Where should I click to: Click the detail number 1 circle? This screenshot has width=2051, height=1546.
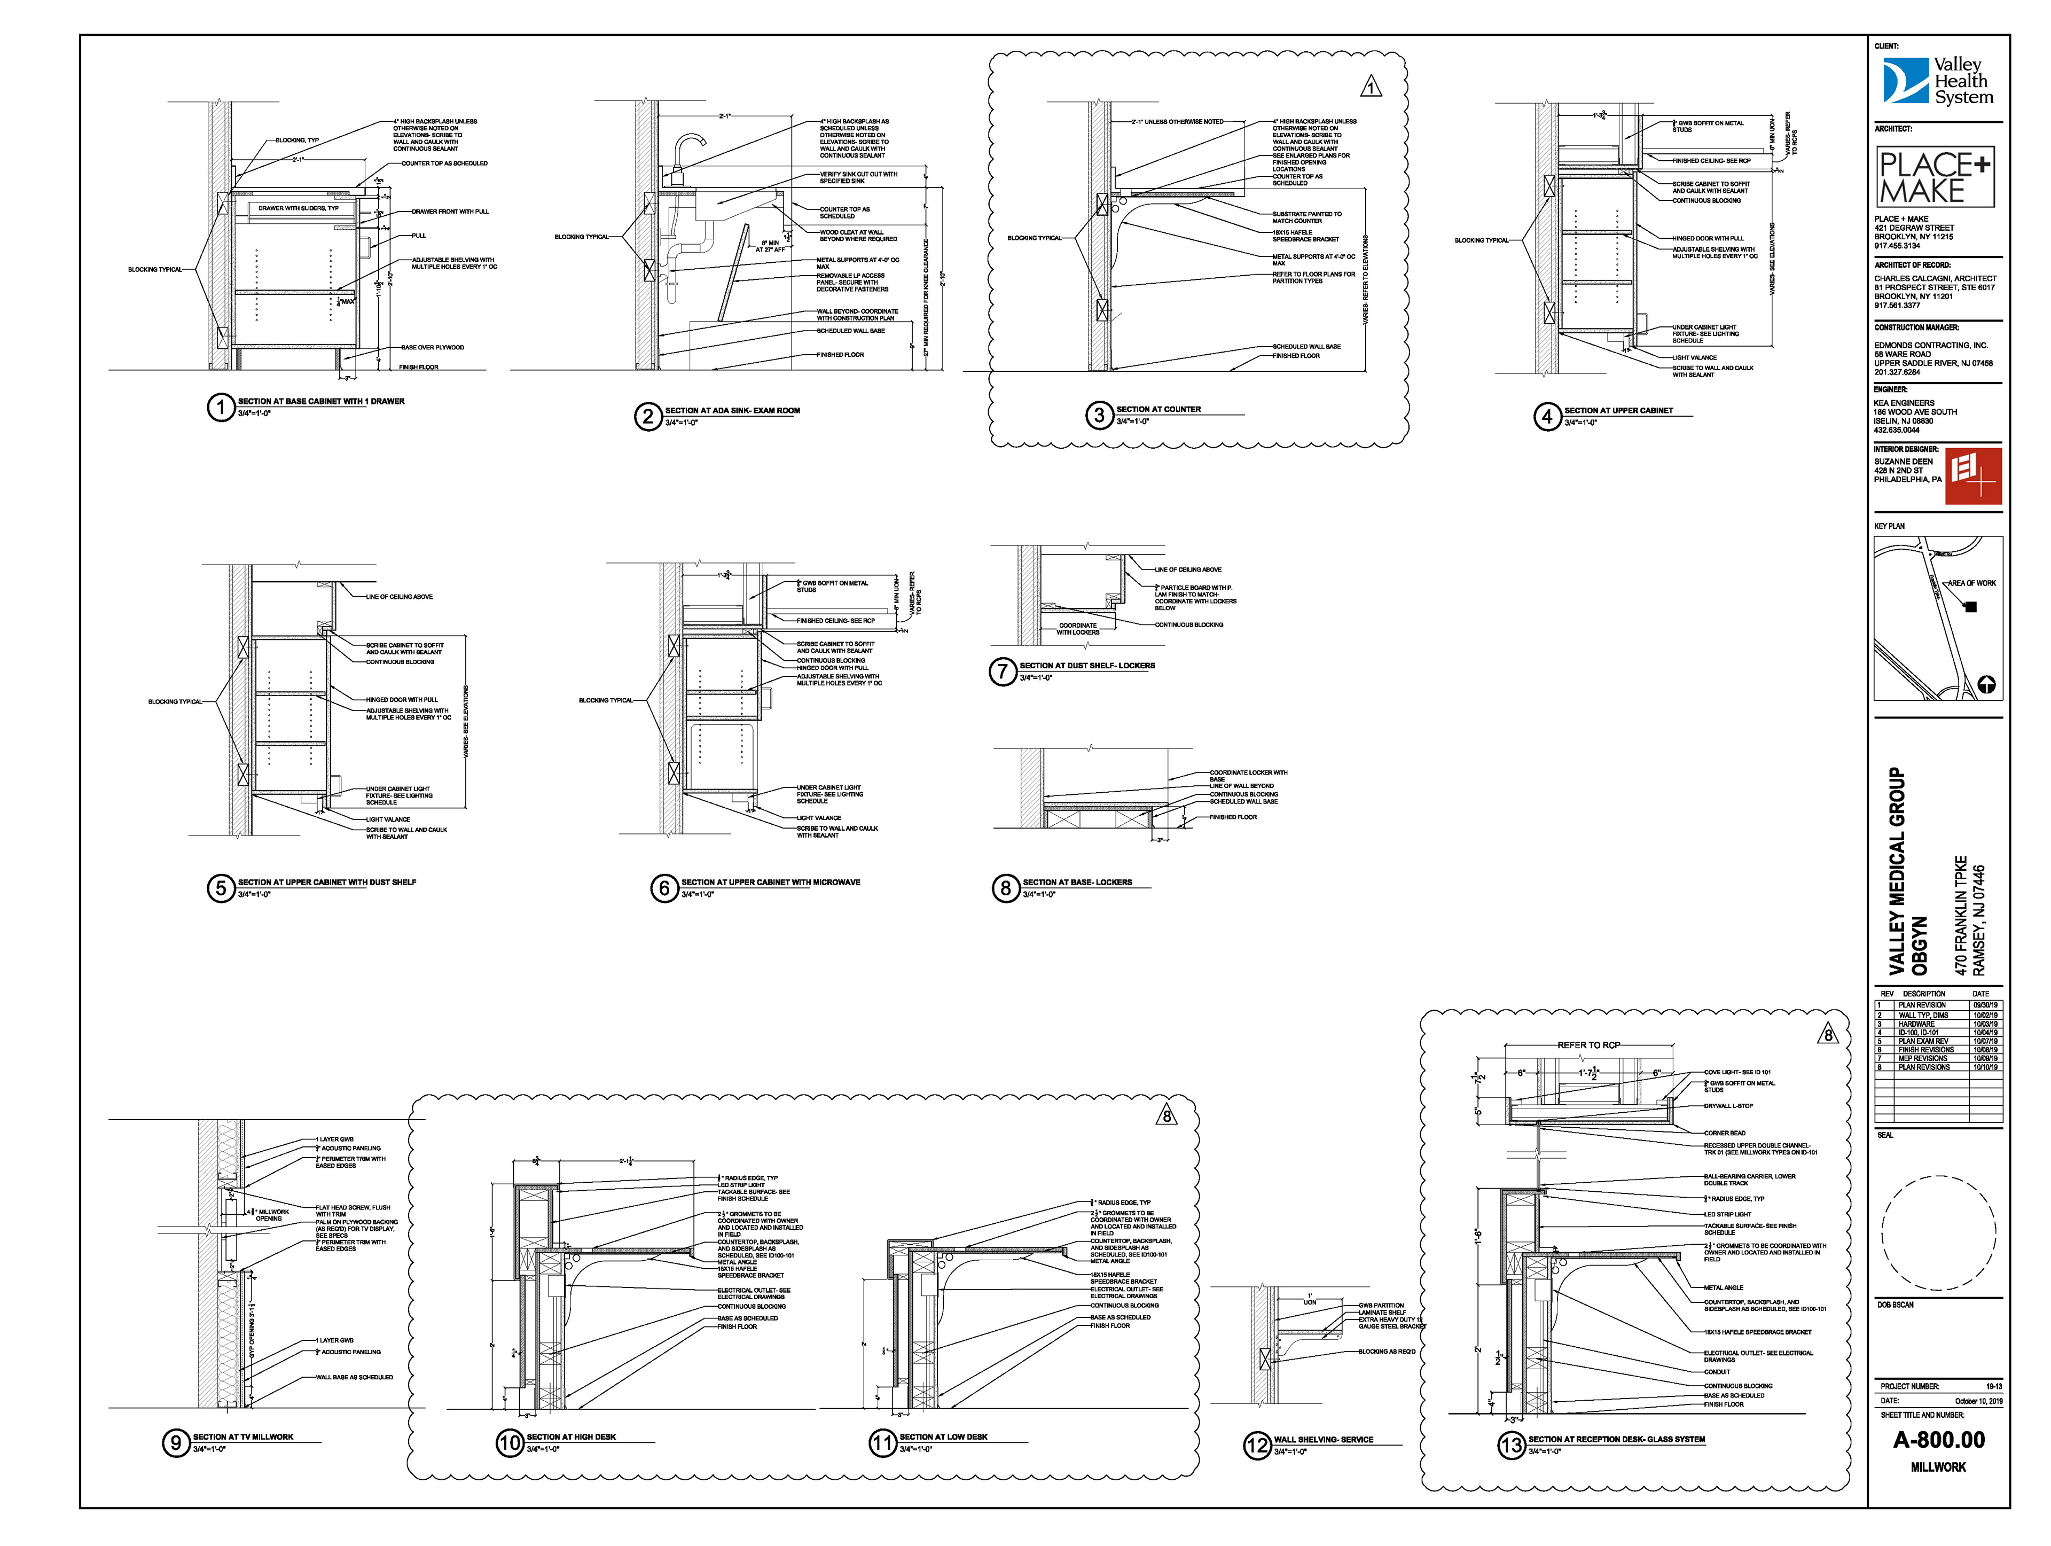coord(221,407)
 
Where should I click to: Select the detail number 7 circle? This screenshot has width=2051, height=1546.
coord(1003,672)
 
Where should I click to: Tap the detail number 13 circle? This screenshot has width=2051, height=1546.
coord(1512,1445)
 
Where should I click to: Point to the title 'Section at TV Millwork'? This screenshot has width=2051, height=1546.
coord(243,1436)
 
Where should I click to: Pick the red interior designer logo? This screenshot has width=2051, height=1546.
coord(1973,476)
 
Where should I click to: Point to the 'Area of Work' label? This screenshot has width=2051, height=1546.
coord(1971,583)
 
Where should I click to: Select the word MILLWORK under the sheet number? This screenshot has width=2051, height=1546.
coord(1938,1467)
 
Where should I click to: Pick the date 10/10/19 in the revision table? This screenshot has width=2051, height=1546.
coord(1986,1067)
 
